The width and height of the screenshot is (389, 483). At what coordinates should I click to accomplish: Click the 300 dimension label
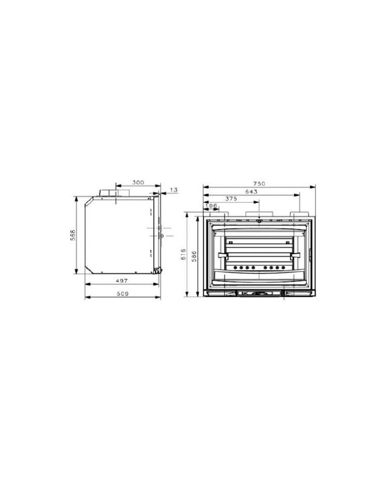(x=138, y=182)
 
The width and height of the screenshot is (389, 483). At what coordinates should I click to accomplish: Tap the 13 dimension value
(x=174, y=190)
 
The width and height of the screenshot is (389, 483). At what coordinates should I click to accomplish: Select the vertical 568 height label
(x=73, y=235)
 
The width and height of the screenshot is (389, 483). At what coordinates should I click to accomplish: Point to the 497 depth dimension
(x=122, y=281)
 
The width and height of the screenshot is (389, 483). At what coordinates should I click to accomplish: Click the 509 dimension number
(x=122, y=293)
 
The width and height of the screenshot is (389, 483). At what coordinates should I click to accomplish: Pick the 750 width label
(x=259, y=183)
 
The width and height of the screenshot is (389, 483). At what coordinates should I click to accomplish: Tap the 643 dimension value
(x=251, y=192)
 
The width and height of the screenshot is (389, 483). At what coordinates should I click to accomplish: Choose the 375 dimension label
(x=231, y=198)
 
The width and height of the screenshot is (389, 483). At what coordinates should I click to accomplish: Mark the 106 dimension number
(x=211, y=206)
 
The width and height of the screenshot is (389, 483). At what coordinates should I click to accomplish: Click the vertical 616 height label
(x=183, y=255)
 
